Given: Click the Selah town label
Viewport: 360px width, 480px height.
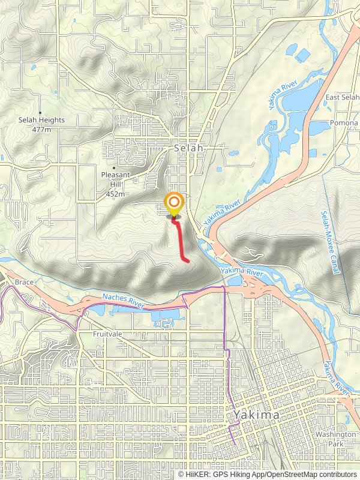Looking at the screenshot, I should click(x=189, y=147).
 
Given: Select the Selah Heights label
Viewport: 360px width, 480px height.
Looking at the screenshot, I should click(x=41, y=120).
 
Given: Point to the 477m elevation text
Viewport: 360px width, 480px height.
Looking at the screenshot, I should click(x=41, y=129).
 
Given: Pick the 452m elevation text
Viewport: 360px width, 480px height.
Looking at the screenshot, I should click(x=115, y=194).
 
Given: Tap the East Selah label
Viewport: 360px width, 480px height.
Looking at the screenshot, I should click(x=342, y=97).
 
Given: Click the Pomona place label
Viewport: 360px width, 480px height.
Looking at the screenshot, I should click(x=343, y=122).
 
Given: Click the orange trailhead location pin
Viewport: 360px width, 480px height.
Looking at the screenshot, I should click(x=174, y=204).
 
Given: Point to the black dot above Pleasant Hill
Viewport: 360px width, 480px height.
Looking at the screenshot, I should click(x=115, y=168).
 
